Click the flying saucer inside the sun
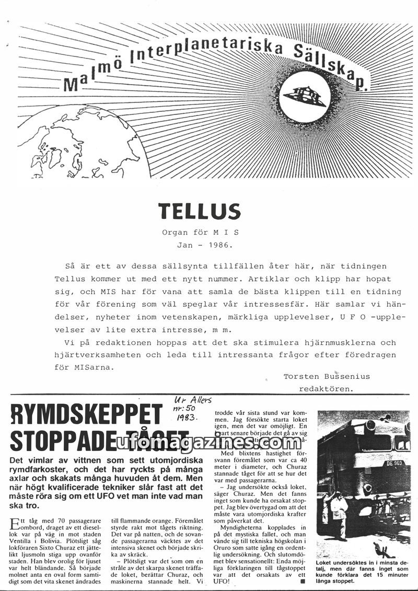point(305,96)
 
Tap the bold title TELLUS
point(200,211)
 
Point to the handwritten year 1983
point(181,418)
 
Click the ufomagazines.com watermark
point(209,443)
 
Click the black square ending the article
point(302,581)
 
